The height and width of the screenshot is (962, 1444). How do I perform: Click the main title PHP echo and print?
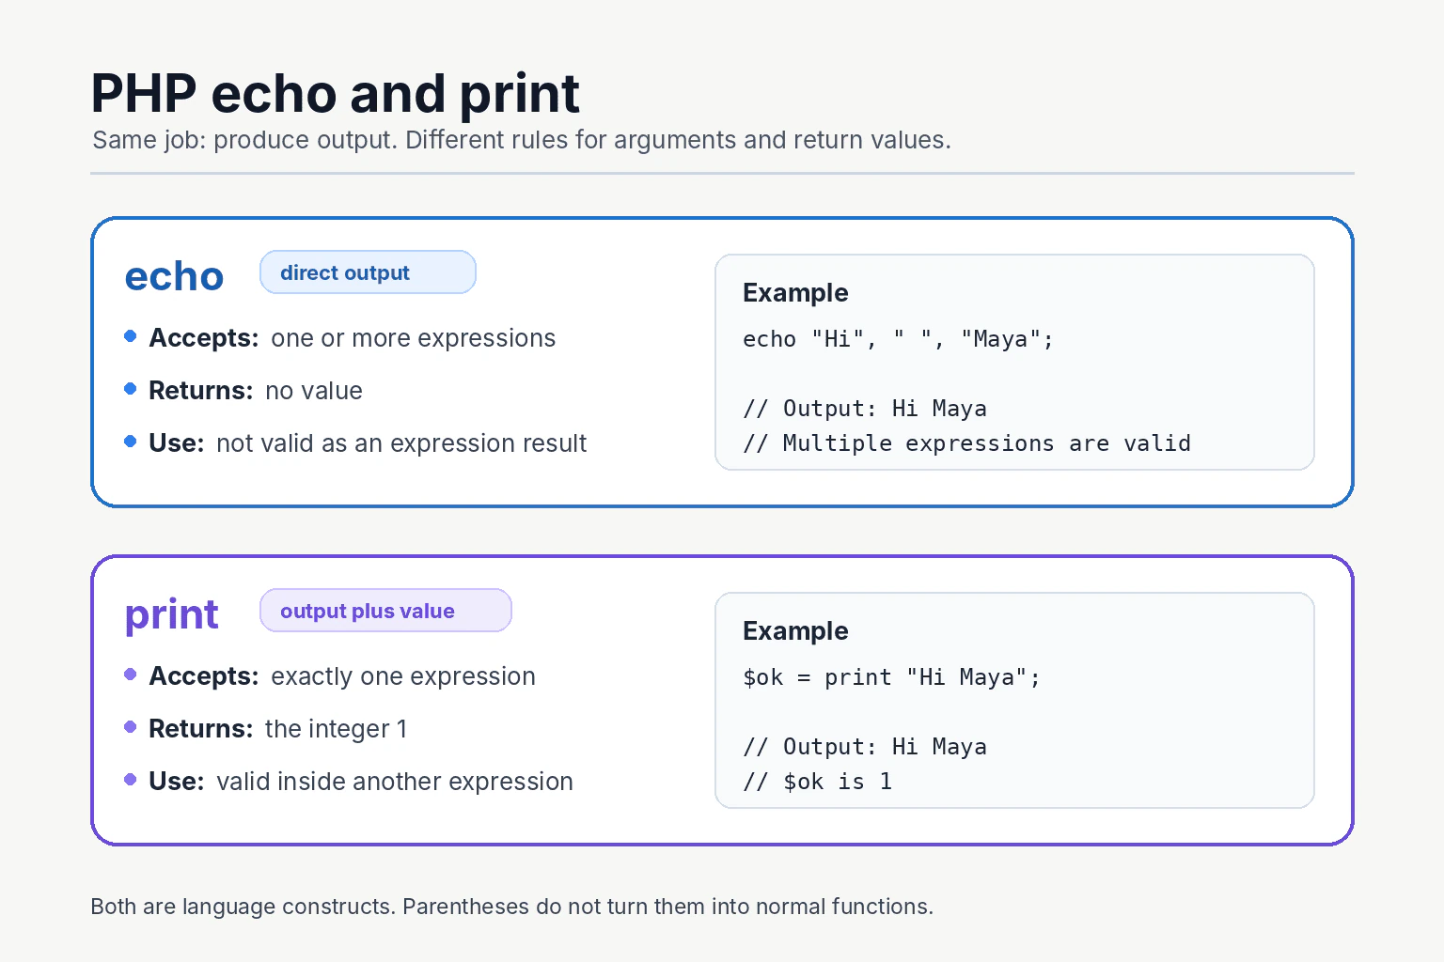click(x=336, y=94)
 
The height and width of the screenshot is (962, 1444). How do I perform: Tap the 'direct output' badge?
click(x=368, y=272)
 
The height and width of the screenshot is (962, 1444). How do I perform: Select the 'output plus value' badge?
click(x=385, y=611)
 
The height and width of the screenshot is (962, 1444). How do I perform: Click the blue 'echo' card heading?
click(x=174, y=276)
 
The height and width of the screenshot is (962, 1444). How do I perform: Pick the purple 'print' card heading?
click(x=171, y=615)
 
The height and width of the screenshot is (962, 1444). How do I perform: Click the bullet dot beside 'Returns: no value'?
click(x=131, y=389)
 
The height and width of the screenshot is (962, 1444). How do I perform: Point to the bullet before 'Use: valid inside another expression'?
click(x=131, y=780)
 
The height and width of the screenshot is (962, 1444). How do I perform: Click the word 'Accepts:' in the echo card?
click(x=204, y=338)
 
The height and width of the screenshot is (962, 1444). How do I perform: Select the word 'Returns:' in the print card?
click(x=201, y=729)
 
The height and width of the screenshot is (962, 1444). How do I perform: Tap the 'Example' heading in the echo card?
click(x=795, y=293)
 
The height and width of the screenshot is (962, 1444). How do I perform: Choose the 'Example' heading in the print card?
click(x=795, y=631)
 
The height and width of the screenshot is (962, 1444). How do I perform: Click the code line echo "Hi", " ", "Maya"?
click(x=898, y=339)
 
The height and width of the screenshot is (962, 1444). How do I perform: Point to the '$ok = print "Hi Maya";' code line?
click(x=891, y=677)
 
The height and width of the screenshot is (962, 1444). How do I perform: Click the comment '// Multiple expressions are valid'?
click(x=967, y=443)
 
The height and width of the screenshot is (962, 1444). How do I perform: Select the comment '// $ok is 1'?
click(x=817, y=782)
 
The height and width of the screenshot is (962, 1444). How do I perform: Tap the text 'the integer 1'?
click(x=336, y=729)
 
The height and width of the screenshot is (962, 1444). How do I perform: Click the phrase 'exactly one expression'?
click(x=403, y=676)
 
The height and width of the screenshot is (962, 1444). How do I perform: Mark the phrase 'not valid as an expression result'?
click(x=401, y=443)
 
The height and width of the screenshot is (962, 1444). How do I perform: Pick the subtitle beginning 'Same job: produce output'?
click(x=522, y=141)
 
